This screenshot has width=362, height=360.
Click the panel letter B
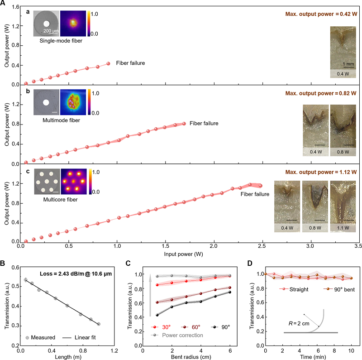[5, 261]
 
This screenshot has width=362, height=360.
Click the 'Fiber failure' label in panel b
[204, 123]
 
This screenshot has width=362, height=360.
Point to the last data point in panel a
[108, 64]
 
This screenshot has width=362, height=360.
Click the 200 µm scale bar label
[51, 31]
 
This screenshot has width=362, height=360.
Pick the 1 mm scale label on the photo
[348, 64]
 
